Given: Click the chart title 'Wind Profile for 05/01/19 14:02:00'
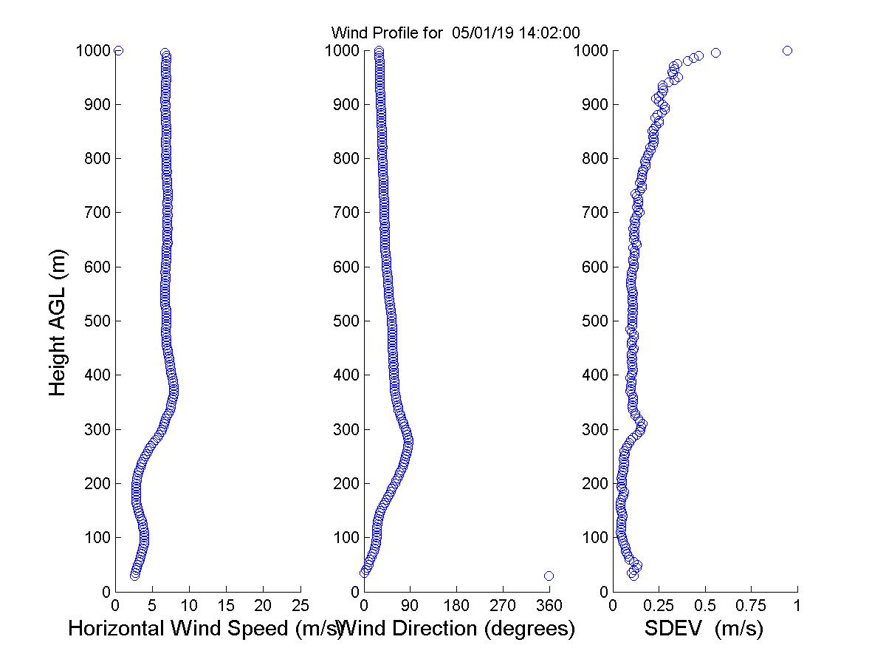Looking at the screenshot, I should click(x=456, y=33).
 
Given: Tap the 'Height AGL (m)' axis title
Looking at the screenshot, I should click(x=58, y=321).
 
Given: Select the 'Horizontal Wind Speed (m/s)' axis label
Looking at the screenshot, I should click(x=205, y=629).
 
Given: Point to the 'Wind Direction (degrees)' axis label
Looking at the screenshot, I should click(x=458, y=629).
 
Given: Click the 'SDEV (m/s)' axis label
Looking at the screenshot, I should click(x=704, y=629).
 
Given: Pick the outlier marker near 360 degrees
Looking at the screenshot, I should click(x=549, y=576).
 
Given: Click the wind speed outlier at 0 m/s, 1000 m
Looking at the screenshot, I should click(x=118, y=50).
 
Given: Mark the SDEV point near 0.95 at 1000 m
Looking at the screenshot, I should click(x=787, y=50).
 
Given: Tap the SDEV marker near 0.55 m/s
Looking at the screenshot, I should click(x=715, y=52).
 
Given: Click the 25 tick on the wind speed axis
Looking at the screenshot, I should click(x=301, y=605).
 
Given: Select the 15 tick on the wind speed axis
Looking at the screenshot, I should click(x=227, y=605).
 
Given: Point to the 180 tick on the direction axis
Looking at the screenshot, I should click(x=456, y=605).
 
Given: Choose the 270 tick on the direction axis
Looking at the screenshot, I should click(x=503, y=605).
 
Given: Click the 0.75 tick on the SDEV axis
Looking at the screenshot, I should click(x=751, y=605).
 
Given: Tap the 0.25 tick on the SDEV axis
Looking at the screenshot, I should click(x=659, y=605).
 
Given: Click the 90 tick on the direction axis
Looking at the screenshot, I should click(x=411, y=605).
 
